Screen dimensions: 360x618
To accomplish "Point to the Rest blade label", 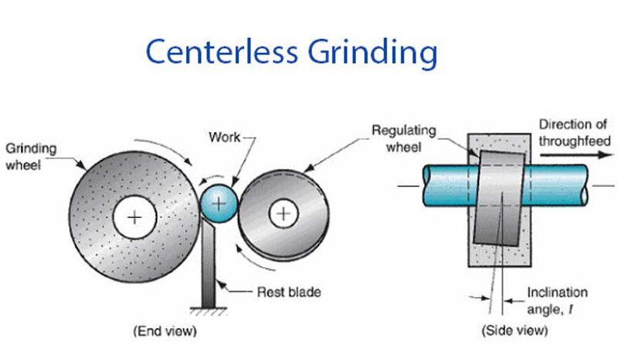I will pyautogui.click(x=288, y=292).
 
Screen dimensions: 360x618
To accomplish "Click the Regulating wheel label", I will pyautogui.click(x=404, y=137).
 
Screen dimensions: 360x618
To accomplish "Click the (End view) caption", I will pyautogui.click(x=164, y=332).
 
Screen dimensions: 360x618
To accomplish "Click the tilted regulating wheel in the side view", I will pyautogui.click(x=500, y=197).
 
